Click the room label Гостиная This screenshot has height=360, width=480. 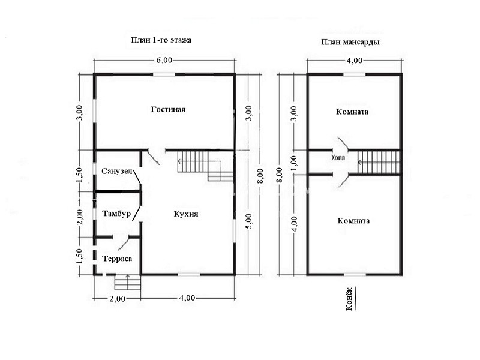(169, 110)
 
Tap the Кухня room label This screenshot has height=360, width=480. (186, 214)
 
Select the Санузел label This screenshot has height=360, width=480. (116, 171)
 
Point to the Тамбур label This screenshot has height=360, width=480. (116, 214)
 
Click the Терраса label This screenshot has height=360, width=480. (117, 259)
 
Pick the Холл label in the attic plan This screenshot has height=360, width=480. (338, 158)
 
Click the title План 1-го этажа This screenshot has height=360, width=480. (161, 40)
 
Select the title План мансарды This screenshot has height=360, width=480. (350, 42)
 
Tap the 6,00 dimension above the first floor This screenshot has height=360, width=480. (164, 60)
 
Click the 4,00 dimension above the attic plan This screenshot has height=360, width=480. (355, 61)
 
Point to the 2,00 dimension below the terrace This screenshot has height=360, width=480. (117, 298)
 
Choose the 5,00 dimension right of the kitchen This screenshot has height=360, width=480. (249, 221)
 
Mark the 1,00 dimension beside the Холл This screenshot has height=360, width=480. (293, 163)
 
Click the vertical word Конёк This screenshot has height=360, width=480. (349, 299)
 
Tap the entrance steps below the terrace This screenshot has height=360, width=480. (128, 282)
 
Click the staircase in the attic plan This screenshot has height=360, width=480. (379, 162)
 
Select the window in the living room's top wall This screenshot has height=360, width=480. (164, 74)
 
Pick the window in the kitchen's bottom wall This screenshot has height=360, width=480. (189, 274)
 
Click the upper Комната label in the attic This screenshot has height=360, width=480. (352, 112)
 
